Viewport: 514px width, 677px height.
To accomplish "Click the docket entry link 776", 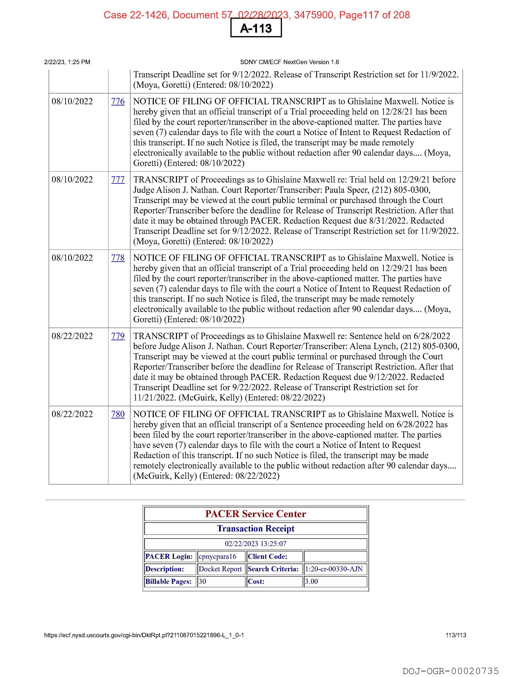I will [118, 101].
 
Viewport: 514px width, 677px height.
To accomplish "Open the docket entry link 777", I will [118, 180].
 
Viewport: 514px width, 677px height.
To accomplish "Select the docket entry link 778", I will [118, 258].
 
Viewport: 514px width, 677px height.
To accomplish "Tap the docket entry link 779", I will [118, 336].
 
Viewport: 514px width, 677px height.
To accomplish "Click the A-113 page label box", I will [256, 28].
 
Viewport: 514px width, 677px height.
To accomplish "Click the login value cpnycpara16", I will [217, 556].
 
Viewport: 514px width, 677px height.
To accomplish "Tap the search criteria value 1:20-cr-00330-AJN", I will [334, 569].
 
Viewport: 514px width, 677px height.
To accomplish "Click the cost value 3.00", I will [311, 581].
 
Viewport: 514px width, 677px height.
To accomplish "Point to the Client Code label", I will [267, 556].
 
